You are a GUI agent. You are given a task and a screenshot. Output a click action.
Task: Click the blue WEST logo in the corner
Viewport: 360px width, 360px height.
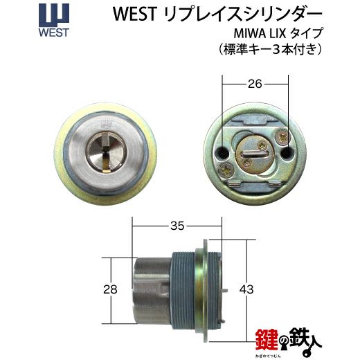[x=54, y=21]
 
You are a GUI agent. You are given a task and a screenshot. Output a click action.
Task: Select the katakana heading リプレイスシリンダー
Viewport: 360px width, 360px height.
[x=242, y=15]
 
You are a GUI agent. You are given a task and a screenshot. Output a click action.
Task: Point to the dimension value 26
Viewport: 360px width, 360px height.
[x=255, y=84]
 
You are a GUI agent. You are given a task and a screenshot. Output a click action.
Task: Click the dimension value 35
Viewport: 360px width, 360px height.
[x=177, y=226]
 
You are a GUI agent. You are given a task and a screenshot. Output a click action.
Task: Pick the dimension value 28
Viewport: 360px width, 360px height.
[x=110, y=289]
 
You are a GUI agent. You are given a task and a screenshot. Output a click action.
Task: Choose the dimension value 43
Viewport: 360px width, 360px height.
[x=246, y=289]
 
